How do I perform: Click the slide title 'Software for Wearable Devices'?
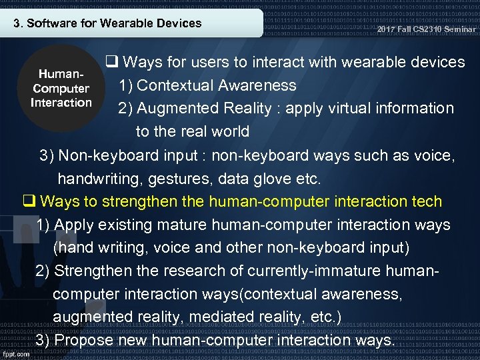(x=107, y=23)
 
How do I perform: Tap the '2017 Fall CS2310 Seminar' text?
(x=427, y=29)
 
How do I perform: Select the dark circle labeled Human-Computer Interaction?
(x=61, y=88)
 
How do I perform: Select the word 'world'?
(x=227, y=131)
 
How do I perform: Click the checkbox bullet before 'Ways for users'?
(x=112, y=63)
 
